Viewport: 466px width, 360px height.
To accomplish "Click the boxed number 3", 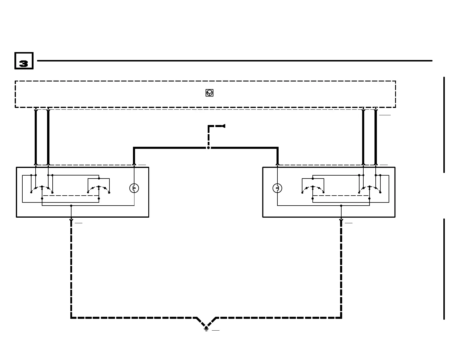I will coord(24,61).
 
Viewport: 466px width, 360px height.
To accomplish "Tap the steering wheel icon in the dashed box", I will coord(209,93).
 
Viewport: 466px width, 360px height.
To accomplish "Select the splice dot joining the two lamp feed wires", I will coord(208,148).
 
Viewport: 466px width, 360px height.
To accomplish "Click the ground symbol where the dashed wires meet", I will coord(206,328).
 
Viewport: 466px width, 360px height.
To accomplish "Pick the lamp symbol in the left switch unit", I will coord(134,188).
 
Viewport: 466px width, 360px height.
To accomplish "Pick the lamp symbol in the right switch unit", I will coord(277,188).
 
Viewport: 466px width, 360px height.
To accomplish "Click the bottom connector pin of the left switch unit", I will coord(71,219).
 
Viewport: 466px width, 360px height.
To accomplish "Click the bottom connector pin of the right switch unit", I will coord(341,219).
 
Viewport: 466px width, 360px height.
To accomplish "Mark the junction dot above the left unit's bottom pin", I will coord(71,206).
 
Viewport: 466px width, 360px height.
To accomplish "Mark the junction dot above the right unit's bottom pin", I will coord(341,206).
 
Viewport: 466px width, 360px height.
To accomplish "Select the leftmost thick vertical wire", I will coord(36,137).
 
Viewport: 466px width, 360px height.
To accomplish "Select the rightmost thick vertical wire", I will coord(376,137).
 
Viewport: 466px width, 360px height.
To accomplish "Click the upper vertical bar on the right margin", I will coord(444,125).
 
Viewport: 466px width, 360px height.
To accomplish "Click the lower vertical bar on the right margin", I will coord(444,269).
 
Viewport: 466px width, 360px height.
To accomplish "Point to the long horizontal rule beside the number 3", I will coord(234,61).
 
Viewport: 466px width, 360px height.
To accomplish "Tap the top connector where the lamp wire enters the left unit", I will coord(134,164).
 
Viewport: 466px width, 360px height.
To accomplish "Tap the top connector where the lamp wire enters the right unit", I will coord(277,164).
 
